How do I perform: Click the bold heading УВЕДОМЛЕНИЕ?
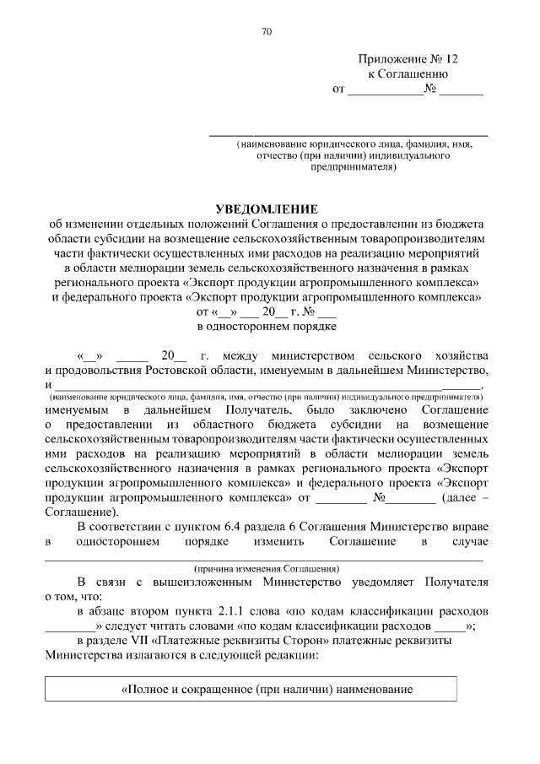click(x=267, y=209)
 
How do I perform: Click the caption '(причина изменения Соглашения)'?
click(x=265, y=569)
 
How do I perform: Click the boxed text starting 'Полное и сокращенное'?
click(x=267, y=690)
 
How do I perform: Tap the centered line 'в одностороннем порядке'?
click(x=267, y=325)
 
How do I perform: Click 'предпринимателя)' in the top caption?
click(x=354, y=166)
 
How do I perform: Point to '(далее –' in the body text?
click(x=462, y=498)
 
